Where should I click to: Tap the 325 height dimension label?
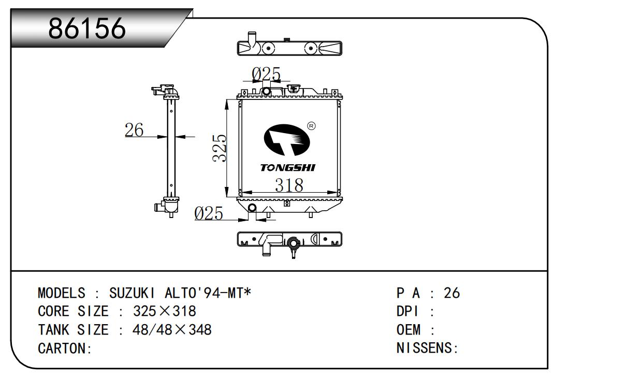[220, 148]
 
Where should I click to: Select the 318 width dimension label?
[289, 185]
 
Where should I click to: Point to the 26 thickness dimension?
[134, 130]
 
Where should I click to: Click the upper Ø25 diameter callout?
[266, 75]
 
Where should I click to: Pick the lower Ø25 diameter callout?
[209, 213]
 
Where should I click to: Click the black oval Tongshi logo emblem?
[287, 140]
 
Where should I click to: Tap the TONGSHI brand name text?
[287, 168]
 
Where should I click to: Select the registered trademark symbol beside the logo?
[311, 126]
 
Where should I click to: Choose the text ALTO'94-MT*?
[208, 293]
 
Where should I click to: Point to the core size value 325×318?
[165, 312]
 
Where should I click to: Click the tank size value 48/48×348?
[172, 330]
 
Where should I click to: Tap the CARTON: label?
[65, 349]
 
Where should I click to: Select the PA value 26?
[451, 293]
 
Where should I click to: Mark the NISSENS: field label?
[427, 349]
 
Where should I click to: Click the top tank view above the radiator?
[289, 48]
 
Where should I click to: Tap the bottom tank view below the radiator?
[289, 240]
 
